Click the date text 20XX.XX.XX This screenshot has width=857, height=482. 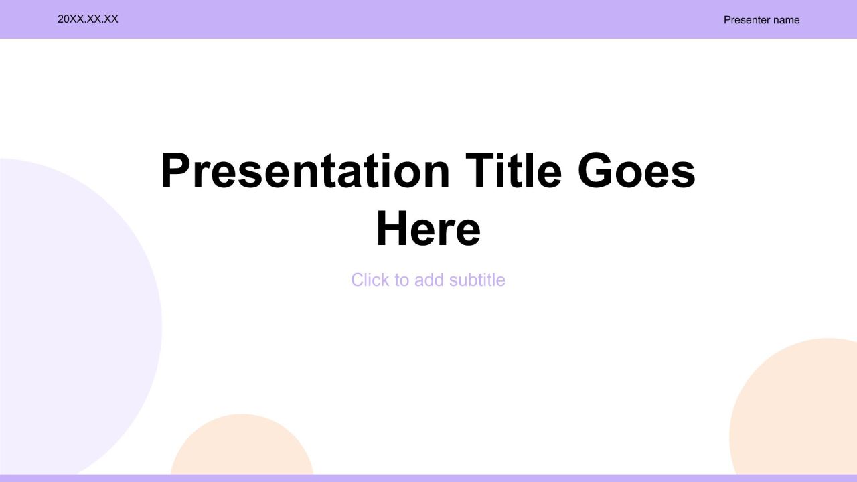pyautogui.click(x=88, y=19)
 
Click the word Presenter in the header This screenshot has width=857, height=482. pyautogui.click(x=745, y=20)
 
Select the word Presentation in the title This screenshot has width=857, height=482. pyautogui.click(x=305, y=171)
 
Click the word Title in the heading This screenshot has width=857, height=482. pyautogui.click(x=514, y=171)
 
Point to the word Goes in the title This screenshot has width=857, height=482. pyautogui.click(x=637, y=171)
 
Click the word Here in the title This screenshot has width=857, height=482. pyautogui.click(x=428, y=229)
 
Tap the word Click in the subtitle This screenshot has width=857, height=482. pyautogui.click(x=370, y=280)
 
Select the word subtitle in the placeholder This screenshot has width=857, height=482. pyautogui.click(x=477, y=280)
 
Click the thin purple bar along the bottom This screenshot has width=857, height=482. pyautogui.click(x=428, y=478)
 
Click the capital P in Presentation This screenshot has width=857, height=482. pyautogui.click(x=175, y=171)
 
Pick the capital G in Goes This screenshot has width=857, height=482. pyautogui.click(x=595, y=171)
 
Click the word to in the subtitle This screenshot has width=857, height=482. pyautogui.click(x=402, y=280)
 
